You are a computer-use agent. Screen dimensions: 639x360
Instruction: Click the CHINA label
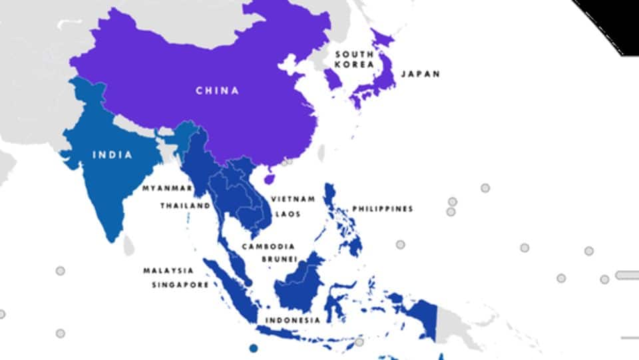click(x=217, y=90)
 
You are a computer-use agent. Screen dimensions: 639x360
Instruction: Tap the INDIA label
click(x=112, y=155)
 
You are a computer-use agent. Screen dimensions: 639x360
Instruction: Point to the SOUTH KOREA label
click(x=353, y=59)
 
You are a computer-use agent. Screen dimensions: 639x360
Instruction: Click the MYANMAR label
click(x=167, y=188)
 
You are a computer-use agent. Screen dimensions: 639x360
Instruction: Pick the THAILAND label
click(x=184, y=206)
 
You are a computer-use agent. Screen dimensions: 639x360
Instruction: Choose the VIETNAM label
click(x=292, y=199)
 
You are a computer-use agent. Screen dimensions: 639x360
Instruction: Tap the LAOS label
click(x=288, y=214)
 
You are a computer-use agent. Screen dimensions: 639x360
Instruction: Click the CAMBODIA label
click(x=268, y=246)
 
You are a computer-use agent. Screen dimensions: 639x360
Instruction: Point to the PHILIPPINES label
click(x=382, y=209)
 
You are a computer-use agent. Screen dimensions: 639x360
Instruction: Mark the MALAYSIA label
click(x=168, y=271)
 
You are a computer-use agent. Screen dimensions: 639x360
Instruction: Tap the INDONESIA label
click(x=293, y=320)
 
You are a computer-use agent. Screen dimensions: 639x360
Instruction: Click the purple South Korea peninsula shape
click(x=333, y=79)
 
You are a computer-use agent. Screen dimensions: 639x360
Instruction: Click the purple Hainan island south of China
click(x=270, y=178)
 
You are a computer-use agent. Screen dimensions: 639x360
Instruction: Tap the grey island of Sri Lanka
click(x=128, y=248)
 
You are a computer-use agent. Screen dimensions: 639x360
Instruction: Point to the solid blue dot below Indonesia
click(x=253, y=348)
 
